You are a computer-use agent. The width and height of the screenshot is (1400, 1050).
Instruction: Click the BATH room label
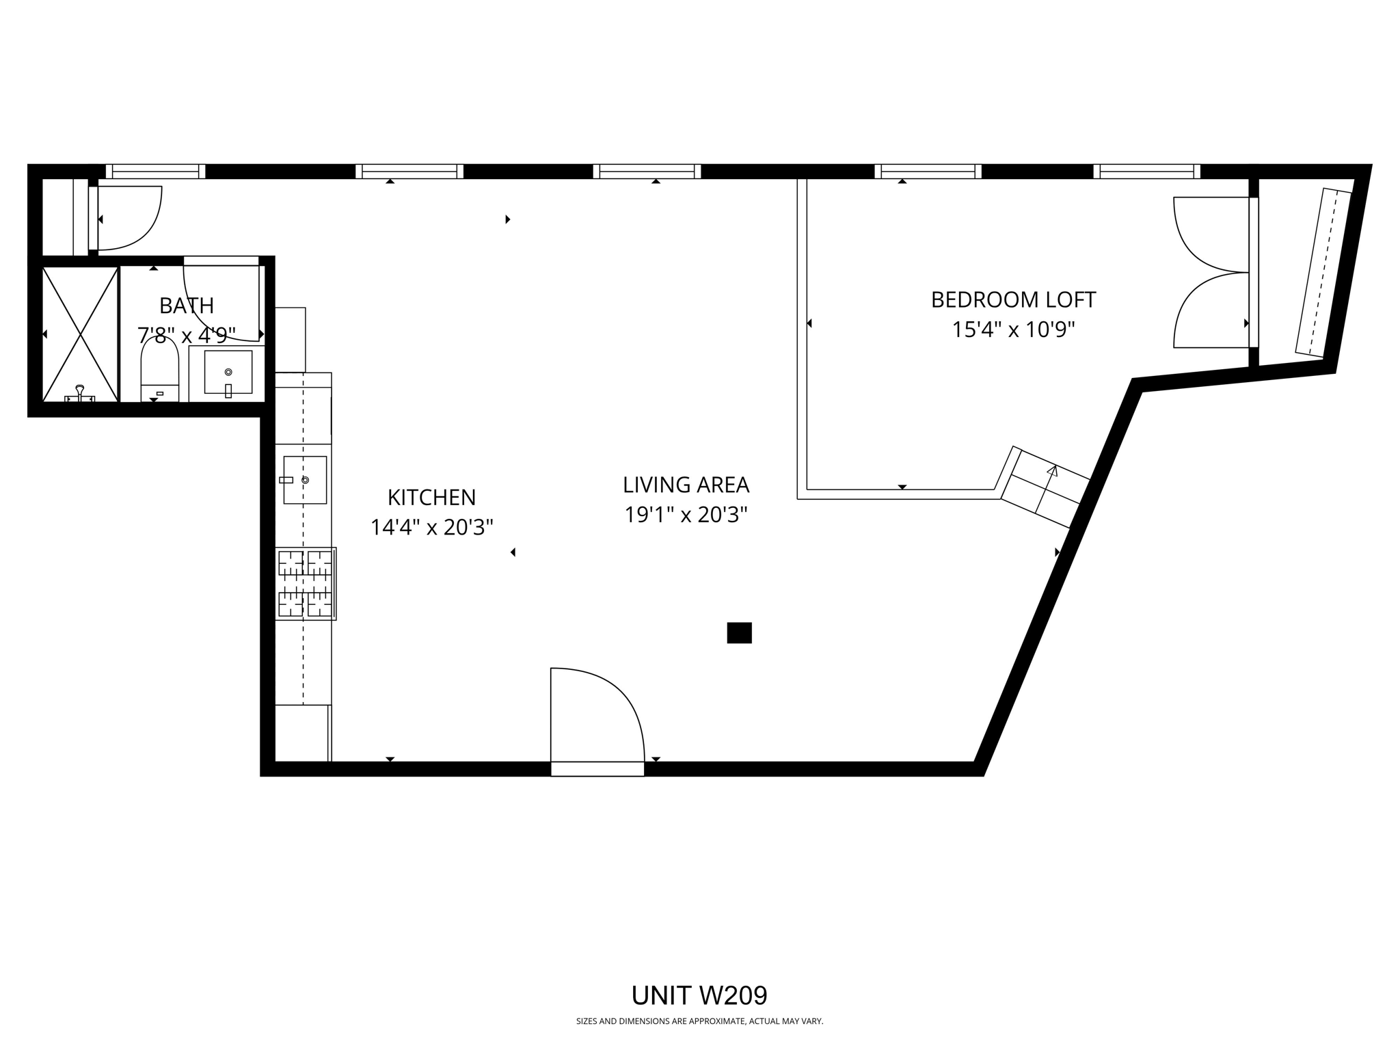(187, 305)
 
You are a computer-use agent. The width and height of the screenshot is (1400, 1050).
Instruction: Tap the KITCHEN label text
(431, 497)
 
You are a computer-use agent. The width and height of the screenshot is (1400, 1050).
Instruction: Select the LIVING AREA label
(686, 485)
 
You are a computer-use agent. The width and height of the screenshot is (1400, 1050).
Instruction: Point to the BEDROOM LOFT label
(1013, 299)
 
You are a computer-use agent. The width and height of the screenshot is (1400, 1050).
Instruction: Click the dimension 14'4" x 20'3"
(431, 528)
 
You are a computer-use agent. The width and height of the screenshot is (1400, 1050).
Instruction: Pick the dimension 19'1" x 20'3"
(686, 515)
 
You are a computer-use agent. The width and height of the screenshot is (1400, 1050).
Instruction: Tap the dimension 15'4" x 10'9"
(1013, 330)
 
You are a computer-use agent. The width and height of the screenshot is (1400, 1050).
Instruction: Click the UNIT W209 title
(699, 995)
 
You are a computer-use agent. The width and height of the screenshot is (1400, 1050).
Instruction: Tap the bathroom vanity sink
(228, 373)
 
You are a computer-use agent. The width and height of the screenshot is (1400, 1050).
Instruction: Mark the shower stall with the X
(81, 334)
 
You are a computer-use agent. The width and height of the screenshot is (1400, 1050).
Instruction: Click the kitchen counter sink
(305, 480)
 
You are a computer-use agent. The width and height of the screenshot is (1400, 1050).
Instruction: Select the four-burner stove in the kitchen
(305, 583)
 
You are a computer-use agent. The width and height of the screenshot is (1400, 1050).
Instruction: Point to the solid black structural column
(739, 632)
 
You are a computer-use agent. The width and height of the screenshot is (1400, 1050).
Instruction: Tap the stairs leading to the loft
(1045, 487)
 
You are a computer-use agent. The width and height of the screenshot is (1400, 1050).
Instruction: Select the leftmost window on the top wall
(155, 171)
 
